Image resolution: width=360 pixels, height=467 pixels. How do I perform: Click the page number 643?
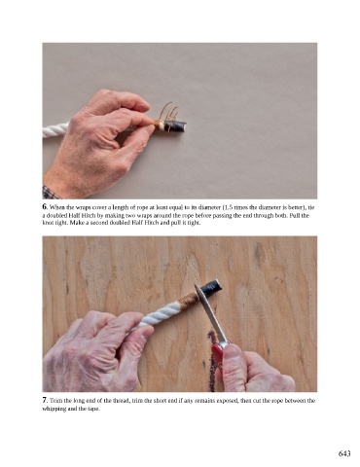click(x=344, y=453)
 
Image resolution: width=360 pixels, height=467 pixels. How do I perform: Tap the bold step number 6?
click(x=45, y=206)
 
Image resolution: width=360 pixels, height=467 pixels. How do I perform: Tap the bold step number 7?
click(x=45, y=400)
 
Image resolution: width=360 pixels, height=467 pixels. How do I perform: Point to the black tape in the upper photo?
click(x=175, y=126)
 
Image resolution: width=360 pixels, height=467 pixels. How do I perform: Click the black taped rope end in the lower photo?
click(x=210, y=288)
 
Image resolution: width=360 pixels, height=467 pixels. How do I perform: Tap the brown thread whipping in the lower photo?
click(x=189, y=300)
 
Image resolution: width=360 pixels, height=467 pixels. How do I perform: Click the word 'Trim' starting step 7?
click(x=55, y=401)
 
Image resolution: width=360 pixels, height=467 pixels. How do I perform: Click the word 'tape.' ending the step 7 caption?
click(x=93, y=409)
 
